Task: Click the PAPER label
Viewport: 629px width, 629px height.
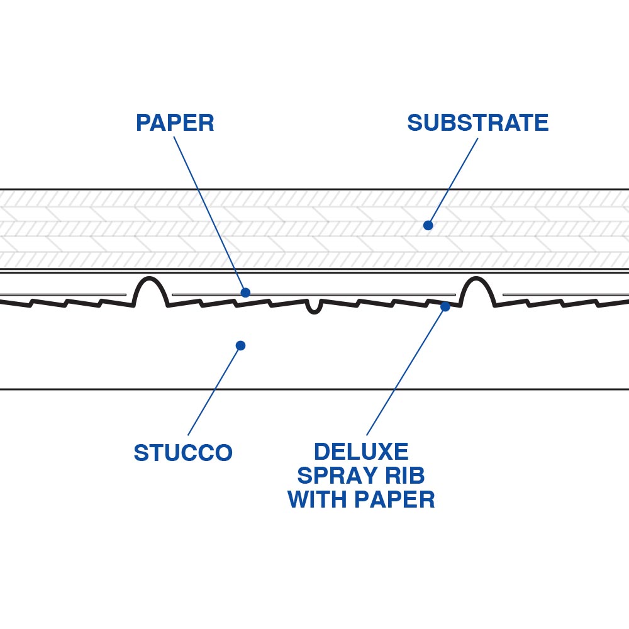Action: pos(175,123)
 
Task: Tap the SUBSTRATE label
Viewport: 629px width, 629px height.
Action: pos(477,123)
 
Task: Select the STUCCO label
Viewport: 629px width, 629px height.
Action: pos(183,452)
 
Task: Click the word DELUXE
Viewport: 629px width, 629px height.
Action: pos(361,452)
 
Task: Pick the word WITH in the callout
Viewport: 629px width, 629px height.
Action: pos(318,499)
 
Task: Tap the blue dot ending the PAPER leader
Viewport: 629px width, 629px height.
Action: pos(245,292)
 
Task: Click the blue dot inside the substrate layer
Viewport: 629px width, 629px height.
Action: pos(428,225)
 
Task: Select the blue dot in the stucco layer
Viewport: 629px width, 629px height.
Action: pos(240,345)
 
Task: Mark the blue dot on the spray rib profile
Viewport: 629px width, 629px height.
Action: pos(445,306)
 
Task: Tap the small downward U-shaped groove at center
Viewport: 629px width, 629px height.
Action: pos(314,308)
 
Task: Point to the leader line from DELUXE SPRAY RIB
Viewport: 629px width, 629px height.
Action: pos(406,371)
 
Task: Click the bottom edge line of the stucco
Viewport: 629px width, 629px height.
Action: pos(314,389)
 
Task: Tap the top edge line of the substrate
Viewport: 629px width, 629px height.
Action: pos(314,189)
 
